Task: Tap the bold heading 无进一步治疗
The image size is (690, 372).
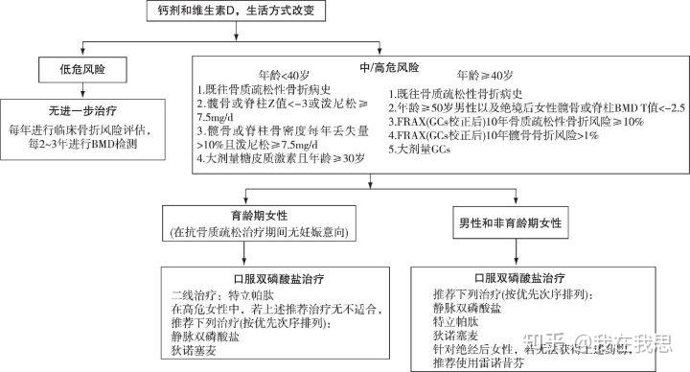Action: point(78,110)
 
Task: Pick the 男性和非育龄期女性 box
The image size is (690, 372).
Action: point(517,222)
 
